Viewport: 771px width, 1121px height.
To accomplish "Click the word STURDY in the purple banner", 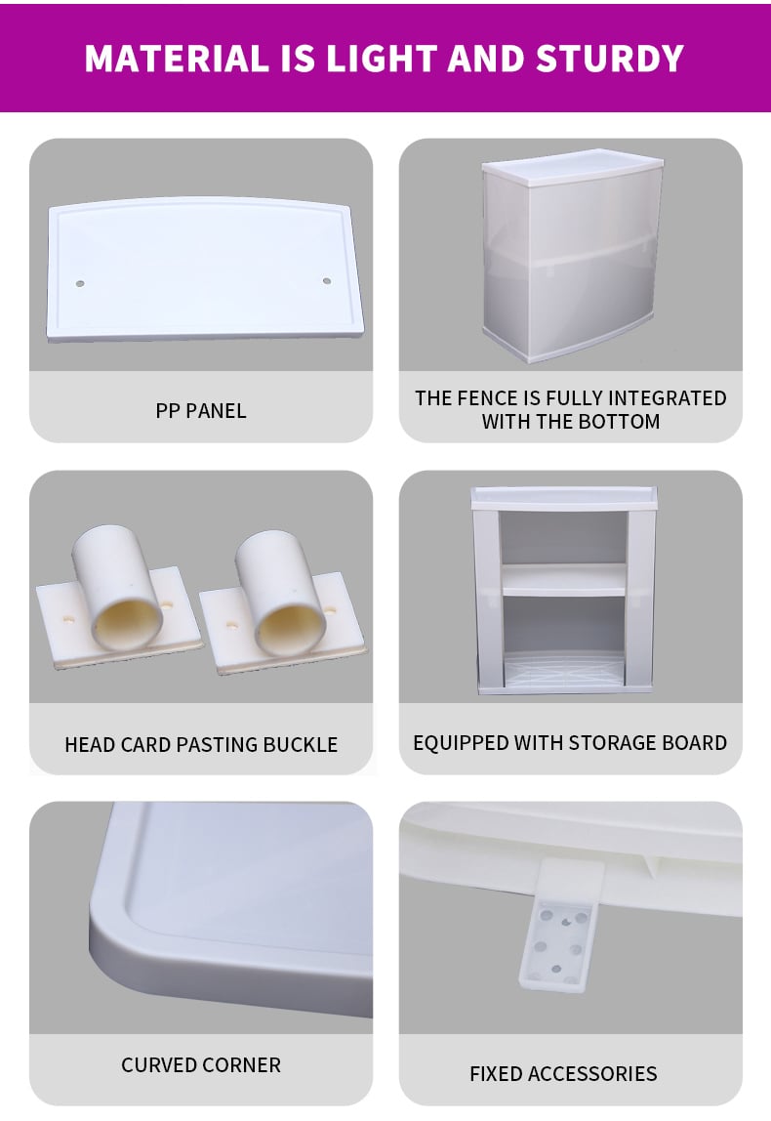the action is (610, 59).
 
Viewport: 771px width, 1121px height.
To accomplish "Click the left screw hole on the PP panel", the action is (80, 284).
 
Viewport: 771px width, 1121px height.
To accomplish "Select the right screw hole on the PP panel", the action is (327, 281).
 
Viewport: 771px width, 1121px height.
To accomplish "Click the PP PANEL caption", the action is (201, 411).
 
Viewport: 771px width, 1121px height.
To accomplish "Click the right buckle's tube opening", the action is (292, 626).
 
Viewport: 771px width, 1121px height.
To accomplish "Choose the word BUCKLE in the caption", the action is (301, 745).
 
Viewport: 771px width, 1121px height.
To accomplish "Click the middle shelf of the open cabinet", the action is (564, 579).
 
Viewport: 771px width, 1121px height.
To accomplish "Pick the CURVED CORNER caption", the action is (201, 1065).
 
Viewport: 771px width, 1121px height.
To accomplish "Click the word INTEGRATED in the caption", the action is (668, 398).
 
